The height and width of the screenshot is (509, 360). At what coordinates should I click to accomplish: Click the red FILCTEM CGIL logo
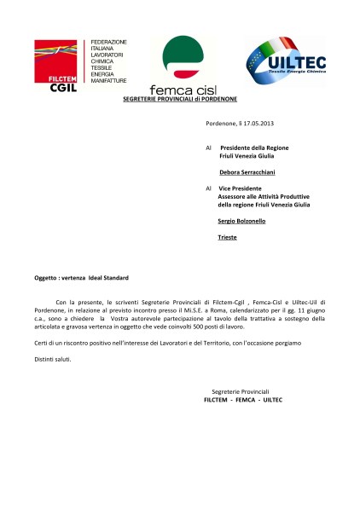point(59,62)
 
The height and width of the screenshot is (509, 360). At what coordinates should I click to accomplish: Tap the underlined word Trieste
point(228,236)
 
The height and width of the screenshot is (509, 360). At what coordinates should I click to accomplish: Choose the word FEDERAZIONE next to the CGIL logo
point(108,42)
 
